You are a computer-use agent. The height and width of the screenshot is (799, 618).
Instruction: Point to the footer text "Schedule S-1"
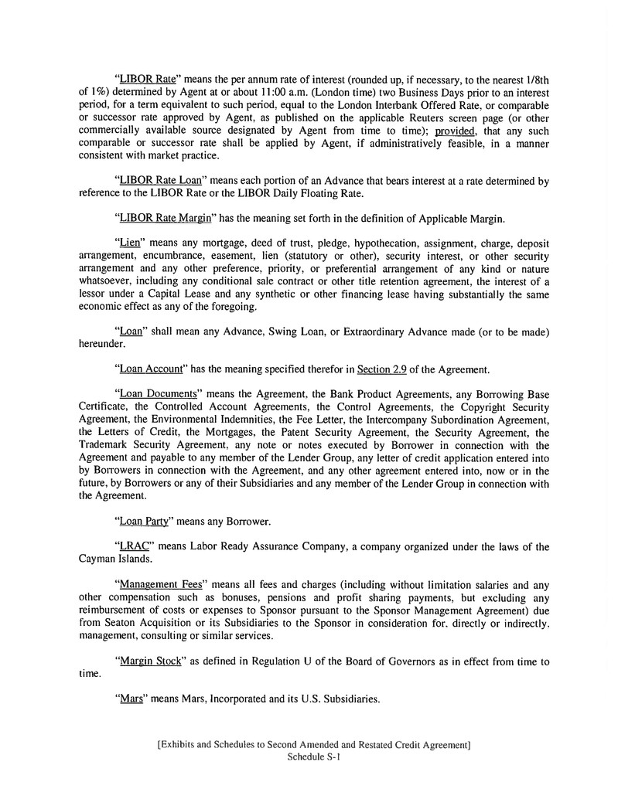(313, 758)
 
